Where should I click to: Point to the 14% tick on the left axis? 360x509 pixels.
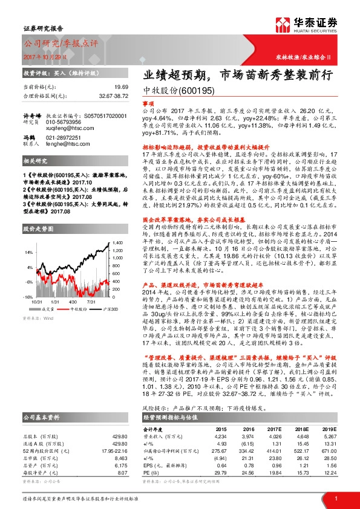point(29,250)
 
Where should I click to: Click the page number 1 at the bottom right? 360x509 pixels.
point(335,498)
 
